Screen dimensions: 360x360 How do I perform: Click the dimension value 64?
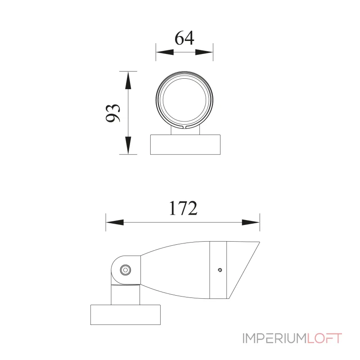pyautogui.click(x=184, y=38)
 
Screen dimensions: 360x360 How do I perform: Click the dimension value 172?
pyautogui.click(x=183, y=208)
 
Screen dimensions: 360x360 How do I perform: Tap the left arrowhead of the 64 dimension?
pyautogui.click(x=163, y=53)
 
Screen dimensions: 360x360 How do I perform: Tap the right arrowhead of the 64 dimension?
pyautogui.click(x=205, y=53)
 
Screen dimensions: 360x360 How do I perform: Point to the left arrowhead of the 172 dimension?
pyautogui.click(x=114, y=222)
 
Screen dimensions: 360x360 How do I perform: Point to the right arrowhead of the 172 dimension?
pyautogui.click(x=251, y=222)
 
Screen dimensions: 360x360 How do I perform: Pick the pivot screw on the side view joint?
pyautogui.click(x=125, y=270)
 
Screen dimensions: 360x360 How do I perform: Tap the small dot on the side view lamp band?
pyautogui.click(x=219, y=270)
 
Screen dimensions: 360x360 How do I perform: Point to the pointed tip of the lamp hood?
pyautogui.click(x=259, y=242)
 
